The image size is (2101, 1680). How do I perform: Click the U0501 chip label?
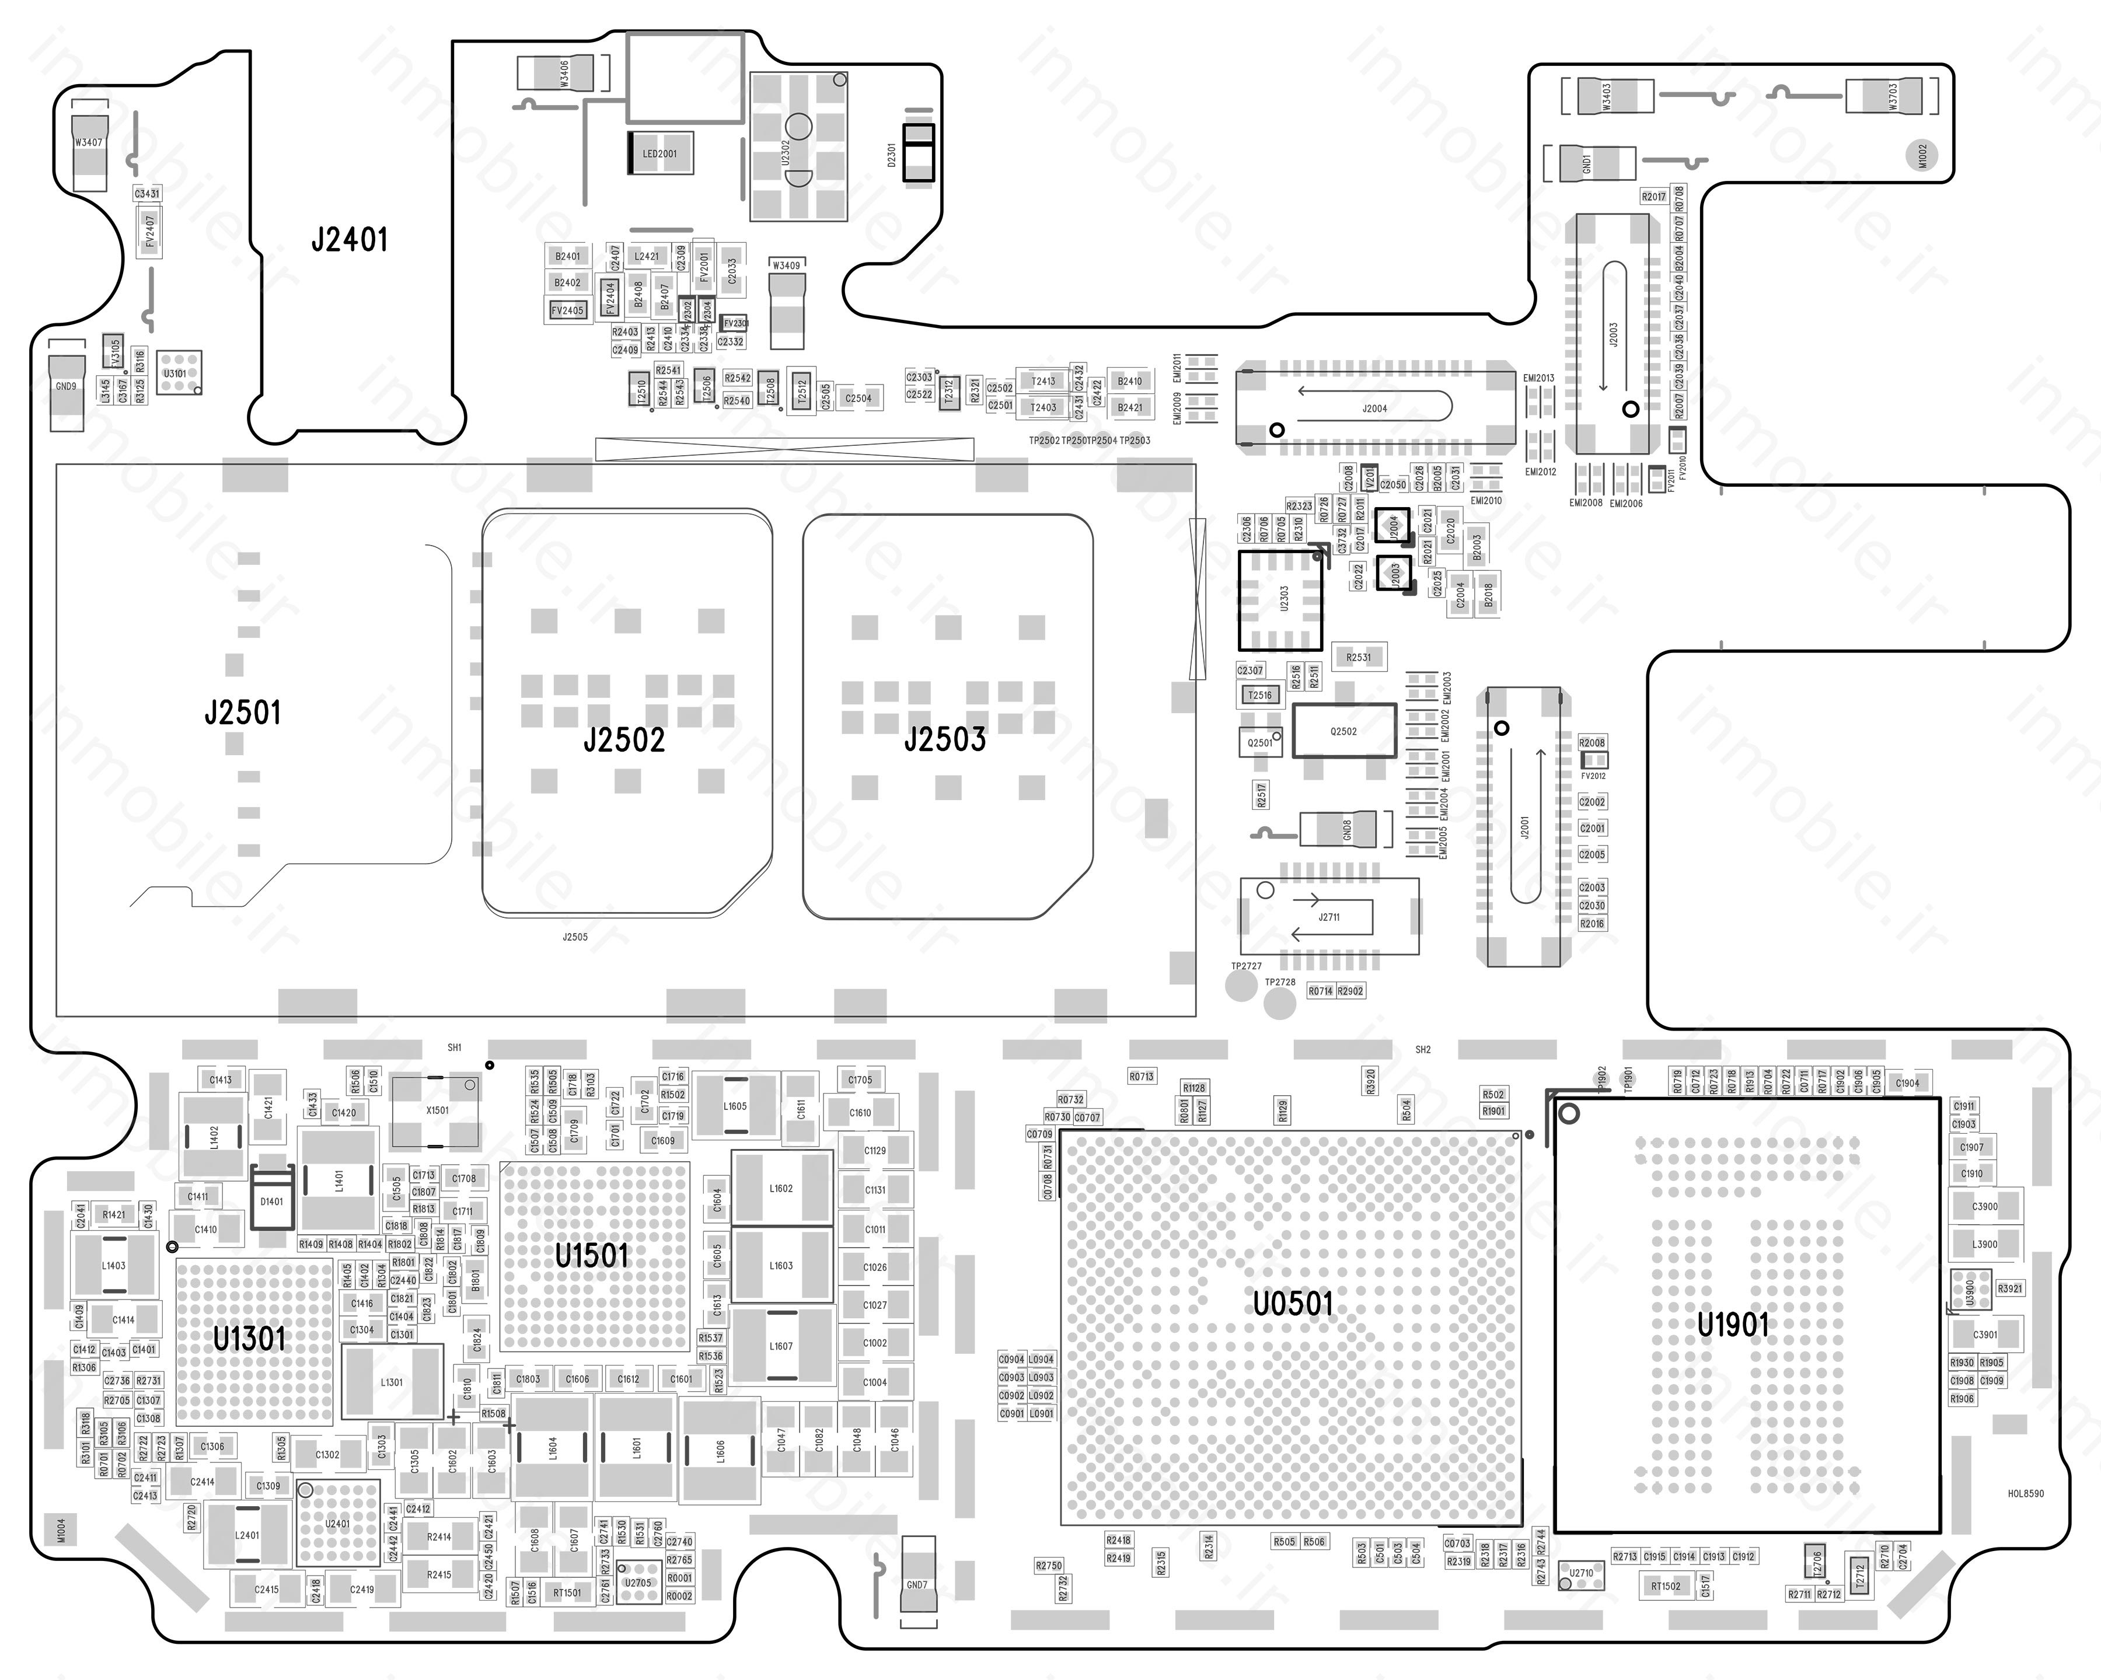(1292, 1303)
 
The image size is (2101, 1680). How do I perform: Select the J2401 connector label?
(349, 240)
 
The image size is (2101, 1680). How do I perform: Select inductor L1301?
(392, 1382)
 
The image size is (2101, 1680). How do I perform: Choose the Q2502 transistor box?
(1343, 731)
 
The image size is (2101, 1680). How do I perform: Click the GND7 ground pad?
(917, 1584)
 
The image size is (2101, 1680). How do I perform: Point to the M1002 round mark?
(1922, 155)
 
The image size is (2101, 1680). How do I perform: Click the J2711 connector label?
(1329, 917)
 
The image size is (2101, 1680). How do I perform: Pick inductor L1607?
(780, 1346)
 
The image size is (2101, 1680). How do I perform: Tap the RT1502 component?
(1666, 1585)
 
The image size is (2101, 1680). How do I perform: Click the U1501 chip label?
(592, 1255)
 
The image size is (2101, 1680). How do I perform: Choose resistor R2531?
(1359, 658)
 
